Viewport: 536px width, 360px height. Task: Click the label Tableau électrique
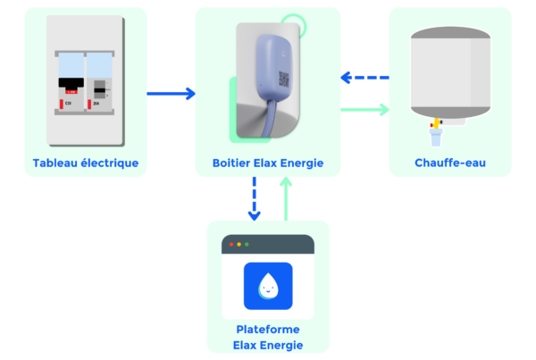(x=86, y=163)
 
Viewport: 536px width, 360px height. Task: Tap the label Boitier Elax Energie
(x=268, y=163)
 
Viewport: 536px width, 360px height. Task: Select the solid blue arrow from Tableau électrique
(x=171, y=93)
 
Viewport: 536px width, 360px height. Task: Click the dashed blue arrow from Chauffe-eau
(x=366, y=78)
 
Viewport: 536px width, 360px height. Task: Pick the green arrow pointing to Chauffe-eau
(x=366, y=110)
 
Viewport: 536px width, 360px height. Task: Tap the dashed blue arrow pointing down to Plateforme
(x=254, y=198)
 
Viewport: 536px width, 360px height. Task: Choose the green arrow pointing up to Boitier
(x=286, y=198)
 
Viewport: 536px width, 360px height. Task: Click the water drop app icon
(x=268, y=285)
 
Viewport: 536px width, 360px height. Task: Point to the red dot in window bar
(x=232, y=244)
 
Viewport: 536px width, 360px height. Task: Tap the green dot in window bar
(x=247, y=244)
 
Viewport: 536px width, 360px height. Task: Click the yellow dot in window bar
(x=239, y=244)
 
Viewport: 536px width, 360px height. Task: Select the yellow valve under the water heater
(x=436, y=122)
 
